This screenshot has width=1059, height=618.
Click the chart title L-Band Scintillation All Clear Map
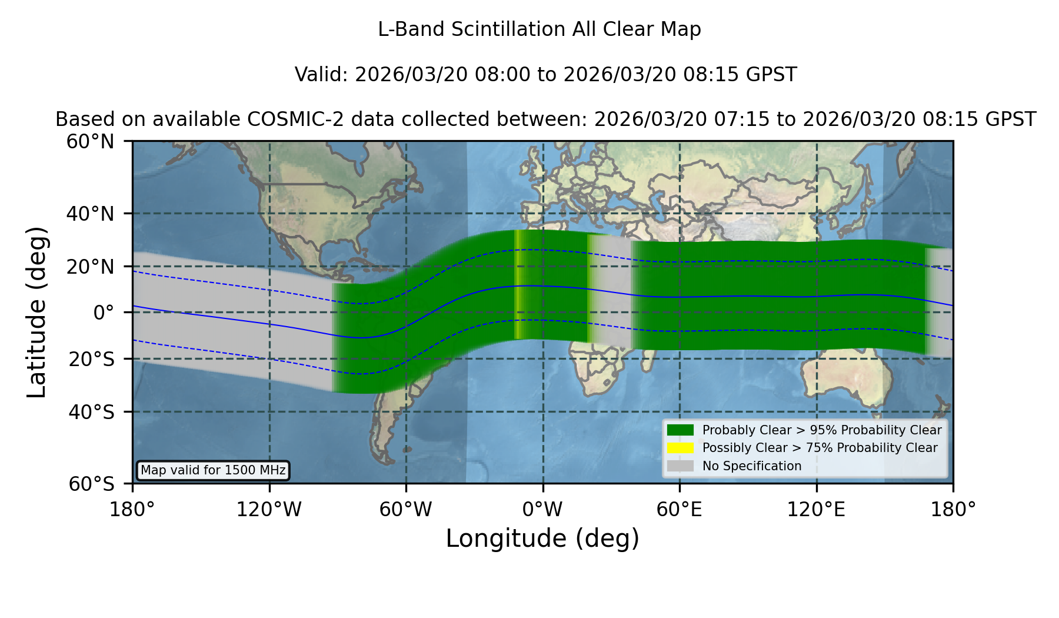[539, 29]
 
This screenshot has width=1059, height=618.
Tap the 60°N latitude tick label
[91, 142]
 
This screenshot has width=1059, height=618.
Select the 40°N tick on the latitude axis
[91, 214]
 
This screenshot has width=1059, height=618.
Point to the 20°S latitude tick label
[92, 359]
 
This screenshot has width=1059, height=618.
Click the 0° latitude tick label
[104, 313]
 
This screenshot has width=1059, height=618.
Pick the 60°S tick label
[92, 484]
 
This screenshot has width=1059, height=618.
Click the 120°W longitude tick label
[269, 510]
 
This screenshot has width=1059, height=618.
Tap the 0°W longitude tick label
[542, 510]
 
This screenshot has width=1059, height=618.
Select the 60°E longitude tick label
[680, 510]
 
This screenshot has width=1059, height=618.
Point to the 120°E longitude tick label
[816, 510]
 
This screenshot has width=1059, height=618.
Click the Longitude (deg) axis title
[542, 539]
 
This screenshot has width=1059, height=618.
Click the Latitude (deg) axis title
[36, 312]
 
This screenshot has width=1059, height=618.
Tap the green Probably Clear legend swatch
[680, 430]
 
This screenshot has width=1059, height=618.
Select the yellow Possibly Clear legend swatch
[680, 447]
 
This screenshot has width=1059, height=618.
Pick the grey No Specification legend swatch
[680, 466]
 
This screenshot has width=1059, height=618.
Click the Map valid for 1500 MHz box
[213, 470]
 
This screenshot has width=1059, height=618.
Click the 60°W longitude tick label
[406, 510]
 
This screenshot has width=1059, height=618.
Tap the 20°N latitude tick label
[91, 267]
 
